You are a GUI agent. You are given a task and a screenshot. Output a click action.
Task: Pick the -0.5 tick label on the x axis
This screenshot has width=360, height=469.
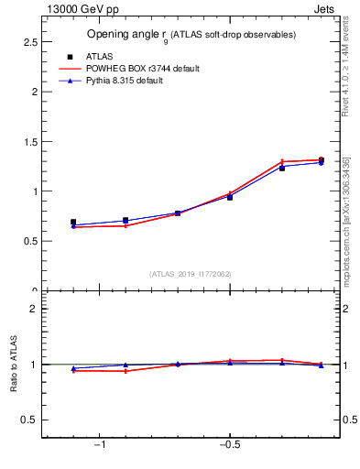click(x=228, y=445)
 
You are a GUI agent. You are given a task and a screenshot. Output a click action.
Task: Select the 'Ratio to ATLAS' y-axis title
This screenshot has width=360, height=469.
click(x=15, y=367)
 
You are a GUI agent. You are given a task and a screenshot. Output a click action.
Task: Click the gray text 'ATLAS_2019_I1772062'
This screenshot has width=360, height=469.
click(x=191, y=274)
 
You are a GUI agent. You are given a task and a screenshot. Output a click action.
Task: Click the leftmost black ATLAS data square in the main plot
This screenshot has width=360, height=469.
click(x=73, y=223)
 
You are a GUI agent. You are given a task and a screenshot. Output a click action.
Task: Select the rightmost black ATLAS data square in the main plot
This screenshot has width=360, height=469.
click(x=321, y=160)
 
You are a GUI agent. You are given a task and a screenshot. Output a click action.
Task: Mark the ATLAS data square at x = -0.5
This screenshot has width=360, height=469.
click(x=230, y=197)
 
